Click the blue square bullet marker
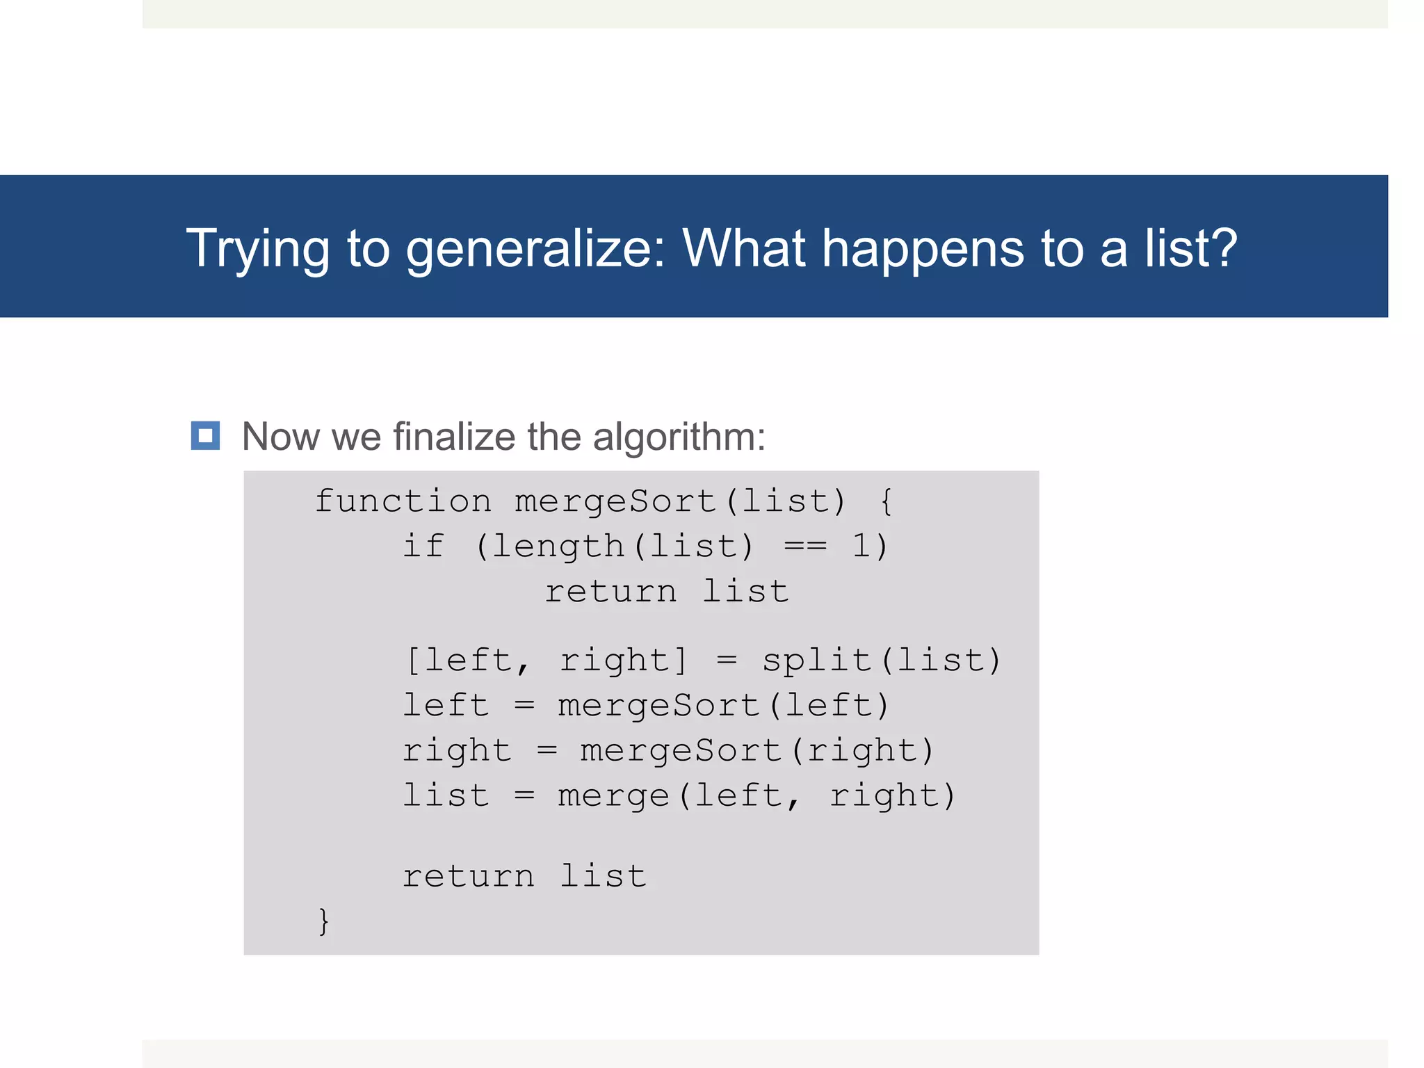[205, 436]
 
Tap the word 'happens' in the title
[923, 248]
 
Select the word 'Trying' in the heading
[257, 248]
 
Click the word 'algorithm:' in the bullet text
[679, 437]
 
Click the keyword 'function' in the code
[403, 501]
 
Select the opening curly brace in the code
[886, 501]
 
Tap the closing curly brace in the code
[323, 921]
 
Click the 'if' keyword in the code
[423, 546]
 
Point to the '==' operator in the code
[805, 546]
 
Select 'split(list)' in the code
[882, 660]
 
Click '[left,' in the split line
[467, 660]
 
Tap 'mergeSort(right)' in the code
[757, 750]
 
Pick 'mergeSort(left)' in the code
[724, 705]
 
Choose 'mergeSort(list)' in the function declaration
[681, 501]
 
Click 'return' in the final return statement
[469, 875]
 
